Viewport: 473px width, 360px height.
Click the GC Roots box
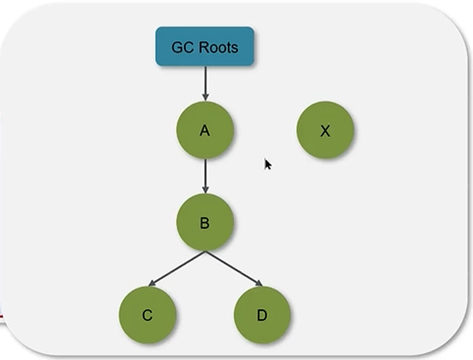click(x=205, y=46)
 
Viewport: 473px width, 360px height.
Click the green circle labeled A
click(x=205, y=130)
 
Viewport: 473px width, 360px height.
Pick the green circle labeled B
click(x=205, y=222)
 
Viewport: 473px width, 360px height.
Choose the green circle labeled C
click(x=147, y=315)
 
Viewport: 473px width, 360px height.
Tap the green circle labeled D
click(x=262, y=315)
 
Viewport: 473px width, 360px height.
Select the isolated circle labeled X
click(x=325, y=130)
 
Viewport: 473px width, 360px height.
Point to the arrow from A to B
click(x=205, y=176)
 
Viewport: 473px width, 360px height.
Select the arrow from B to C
click(x=176, y=268)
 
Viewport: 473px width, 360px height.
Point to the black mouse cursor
click(x=268, y=164)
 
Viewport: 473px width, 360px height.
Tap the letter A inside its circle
click(x=205, y=131)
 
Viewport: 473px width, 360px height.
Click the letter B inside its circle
click(x=205, y=223)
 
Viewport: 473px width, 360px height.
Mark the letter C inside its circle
click(x=147, y=315)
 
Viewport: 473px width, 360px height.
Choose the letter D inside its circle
click(x=262, y=315)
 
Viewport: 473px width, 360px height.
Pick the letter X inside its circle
click(x=325, y=131)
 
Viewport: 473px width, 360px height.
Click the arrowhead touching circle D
click(x=259, y=283)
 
